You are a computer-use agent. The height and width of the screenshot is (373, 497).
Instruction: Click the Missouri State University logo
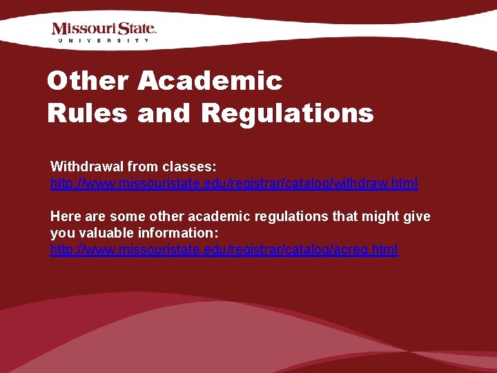(104, 32)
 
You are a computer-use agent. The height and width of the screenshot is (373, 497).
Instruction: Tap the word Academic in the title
(210, 81)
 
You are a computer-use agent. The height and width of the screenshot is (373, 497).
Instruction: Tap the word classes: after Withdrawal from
(190, 166)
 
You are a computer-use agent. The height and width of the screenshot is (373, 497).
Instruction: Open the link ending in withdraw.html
(234, 184)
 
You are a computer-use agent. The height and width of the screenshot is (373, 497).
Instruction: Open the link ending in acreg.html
(224, 249)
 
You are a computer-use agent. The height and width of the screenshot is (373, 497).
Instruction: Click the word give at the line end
(416, 216)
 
